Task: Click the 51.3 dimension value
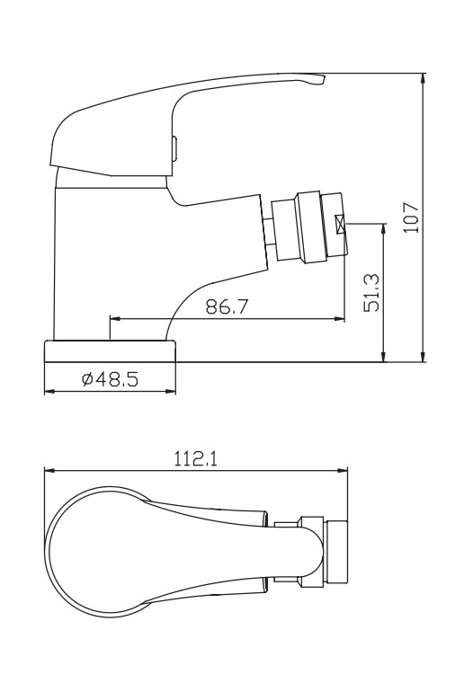click(370, 291)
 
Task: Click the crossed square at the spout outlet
click(341, 225)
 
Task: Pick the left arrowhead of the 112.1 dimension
click(49, 470)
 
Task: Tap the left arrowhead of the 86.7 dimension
click(113, 317)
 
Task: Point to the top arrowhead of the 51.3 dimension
click(384, 228)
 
